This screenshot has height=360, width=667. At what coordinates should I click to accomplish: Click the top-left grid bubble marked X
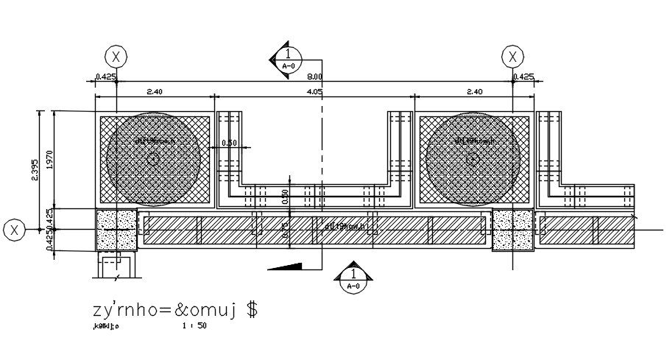pos(116,56)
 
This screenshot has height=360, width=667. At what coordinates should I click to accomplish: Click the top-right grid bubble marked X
pos(512,56)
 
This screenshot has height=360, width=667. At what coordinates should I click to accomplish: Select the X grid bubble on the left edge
pos(14,230)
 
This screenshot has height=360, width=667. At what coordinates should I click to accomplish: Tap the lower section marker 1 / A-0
pos(353,278)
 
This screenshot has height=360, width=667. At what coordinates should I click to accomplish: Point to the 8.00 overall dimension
pos(314,77)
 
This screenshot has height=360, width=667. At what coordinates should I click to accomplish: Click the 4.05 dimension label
pos(314,92)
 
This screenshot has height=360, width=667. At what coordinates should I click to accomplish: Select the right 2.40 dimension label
pos(474,92)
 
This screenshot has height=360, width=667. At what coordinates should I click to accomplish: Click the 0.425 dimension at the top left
pos(106,77)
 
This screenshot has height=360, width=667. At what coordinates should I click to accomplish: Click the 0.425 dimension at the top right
pos(523,77)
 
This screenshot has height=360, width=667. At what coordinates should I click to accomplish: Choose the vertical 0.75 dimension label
pos(286,229)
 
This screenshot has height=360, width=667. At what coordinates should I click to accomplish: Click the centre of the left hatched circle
pos(154,158)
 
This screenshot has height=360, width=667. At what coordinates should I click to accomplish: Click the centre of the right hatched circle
pos(473,158)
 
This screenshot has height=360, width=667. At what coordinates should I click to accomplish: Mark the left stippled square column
pos(116,229)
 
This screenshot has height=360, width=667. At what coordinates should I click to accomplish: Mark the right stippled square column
pos(512,229)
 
